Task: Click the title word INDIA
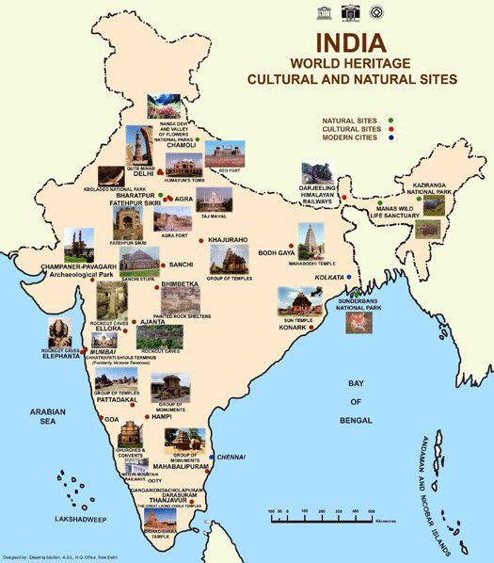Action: [349, 43]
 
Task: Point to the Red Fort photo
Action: [224, 156]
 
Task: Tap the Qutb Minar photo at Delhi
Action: [141, 147]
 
